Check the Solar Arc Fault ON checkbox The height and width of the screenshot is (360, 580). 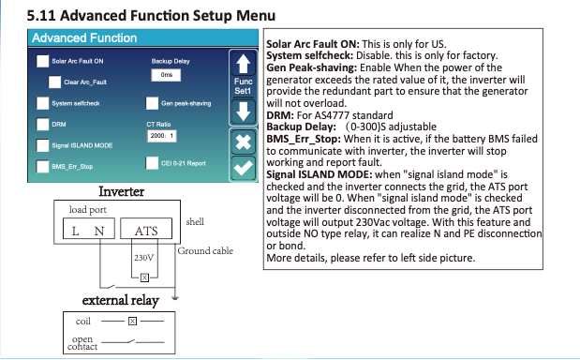pyautogui.click(x=42, y=61)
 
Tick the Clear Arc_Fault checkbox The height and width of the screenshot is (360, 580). pyautogui.click(x=54, y=82)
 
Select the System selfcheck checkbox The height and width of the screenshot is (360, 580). pyautogui.click(x=42, y=103)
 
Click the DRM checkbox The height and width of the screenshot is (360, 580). pyautogui.click(x=42, y=125)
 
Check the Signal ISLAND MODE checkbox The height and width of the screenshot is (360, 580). pyautogui.click(x=42, y=145)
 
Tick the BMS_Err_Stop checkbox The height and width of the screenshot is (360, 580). pyautogui.click(x=42, y=167)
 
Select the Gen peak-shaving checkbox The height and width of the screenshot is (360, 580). pyautogui.click(x=152, y=103)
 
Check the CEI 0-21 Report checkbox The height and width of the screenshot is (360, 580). pyautogui.click(x=152, y=163)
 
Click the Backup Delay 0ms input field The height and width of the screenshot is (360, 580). pyautogui.click(x=166, y=75)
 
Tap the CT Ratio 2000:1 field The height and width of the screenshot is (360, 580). pyautogui.click(x=162, y=136)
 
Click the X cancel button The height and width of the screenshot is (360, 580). pyautogui.click(x=243, y=142)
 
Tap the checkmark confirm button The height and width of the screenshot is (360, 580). pyautogui.click(x=243, y=169)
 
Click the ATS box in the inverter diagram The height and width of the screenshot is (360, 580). pyautogui.click(x=146, y=229)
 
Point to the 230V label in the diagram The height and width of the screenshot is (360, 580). pyautogui.click(x=143, y=258)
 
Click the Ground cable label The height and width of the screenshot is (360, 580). pyautogui.click(x=205, y=251)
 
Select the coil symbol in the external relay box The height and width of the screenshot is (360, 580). pyautogui.click(x=132, y=322)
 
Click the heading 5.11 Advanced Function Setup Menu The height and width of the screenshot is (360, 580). pyautogui.click(x=151, y=16)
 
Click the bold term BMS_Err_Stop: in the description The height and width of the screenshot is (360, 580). pyautogui.click(x=304, y=139)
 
